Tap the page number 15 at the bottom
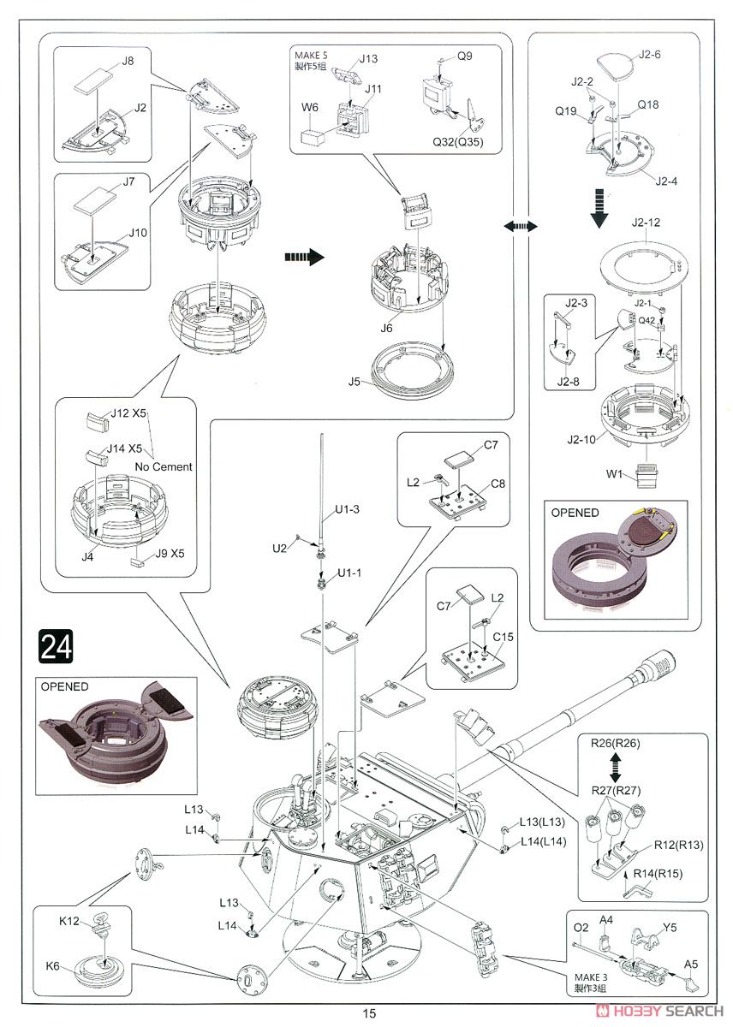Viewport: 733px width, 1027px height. click(x=368, y=1013)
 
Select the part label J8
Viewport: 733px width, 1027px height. click(x=128, y=62)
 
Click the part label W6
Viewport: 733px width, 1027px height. click(x=309, y=108)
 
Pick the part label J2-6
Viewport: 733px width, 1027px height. click(x=650, y=55)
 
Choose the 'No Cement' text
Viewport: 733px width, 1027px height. click(x=163, y=467)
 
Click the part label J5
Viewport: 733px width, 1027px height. click(x=355, y=380)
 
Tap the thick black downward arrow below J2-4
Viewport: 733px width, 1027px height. click(x=599, y=207)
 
